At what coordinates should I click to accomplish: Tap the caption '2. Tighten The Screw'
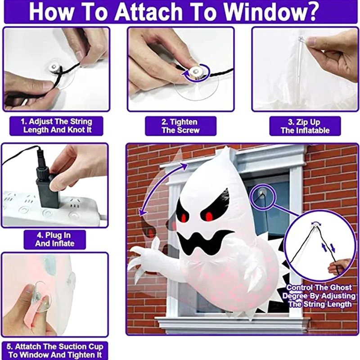tap(180, 126)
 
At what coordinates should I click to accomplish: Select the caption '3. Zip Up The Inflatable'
tap(305, 126)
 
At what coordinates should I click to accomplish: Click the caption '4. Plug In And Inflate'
tap(54, 239)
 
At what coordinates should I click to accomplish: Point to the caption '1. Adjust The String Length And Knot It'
tap(57, 126)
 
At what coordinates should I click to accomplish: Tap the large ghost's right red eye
tap(209, 216)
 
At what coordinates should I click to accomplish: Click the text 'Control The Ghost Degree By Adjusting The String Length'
tap(319, 296)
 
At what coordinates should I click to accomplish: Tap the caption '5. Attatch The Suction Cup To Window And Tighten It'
tap(55, 351)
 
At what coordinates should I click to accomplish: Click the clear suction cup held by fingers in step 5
tap(41, 296)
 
